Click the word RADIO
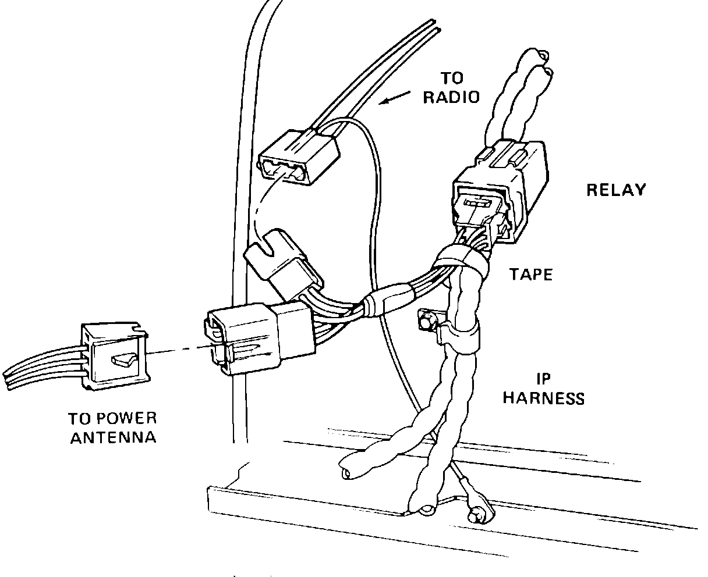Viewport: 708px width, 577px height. pos(451,97)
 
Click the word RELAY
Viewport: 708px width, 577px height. pos(615,190)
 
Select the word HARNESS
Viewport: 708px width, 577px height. pos(543,398)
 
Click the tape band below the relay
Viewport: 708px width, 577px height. pos(463,259)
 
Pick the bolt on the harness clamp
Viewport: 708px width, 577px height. pos(426,320)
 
